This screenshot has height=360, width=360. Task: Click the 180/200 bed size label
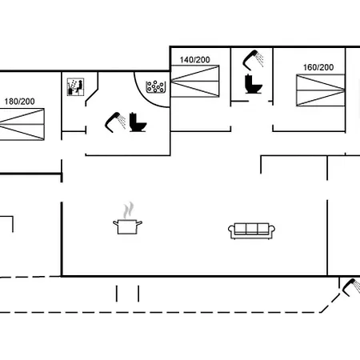coord(19,102)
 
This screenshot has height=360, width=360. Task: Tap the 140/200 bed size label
coord(195,60)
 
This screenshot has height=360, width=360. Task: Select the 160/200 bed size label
coord(318,67)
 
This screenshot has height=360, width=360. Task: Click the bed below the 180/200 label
coord(22,124)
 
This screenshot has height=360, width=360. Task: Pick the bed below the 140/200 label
coord(195,81)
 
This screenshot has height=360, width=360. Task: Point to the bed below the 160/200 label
coord(321,90)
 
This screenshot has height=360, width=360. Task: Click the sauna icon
coord(75,86)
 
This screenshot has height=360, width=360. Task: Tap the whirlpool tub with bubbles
coord(156,87)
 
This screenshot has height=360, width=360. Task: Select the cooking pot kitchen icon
coord(127,226)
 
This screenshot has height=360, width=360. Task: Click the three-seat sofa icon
coord(251,231)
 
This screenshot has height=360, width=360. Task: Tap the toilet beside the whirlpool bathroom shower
coord(138,122)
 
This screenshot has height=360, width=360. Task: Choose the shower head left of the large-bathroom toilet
coord(115,122)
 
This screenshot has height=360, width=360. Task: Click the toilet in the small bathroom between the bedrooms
coord(254,84)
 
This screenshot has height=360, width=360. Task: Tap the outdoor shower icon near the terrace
coord(351,287)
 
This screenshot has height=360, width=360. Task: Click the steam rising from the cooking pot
coord(128,210)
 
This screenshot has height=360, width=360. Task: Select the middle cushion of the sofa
coord(252,229)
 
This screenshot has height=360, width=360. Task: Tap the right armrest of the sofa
coord(272,229)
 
